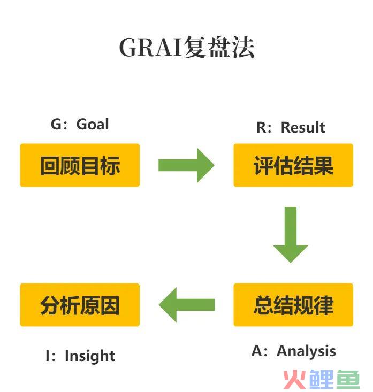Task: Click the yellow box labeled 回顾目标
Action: (80, 165)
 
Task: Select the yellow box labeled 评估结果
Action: (293, 165)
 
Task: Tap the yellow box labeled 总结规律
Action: (293, 304)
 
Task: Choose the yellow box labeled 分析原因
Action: (80, 304)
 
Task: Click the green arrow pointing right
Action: (186, 165)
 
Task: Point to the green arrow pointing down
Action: (291, 235)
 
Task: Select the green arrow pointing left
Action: (187, 305)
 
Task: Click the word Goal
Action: (93, 124)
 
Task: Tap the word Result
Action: (303, 127)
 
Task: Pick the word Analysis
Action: (306, 351)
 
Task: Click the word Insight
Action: (90, 356)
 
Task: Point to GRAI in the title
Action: (150, 47)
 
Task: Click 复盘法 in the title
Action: (219, 47)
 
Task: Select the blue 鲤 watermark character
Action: (322, 380)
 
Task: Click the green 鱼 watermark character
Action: (348, 380)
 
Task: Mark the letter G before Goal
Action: (56, 124)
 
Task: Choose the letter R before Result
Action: (261, 127)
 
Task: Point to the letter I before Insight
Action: (48, 356)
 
